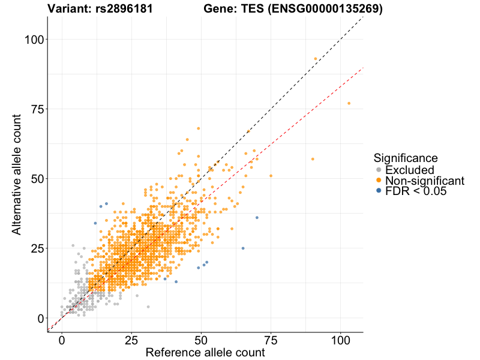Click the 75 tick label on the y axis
coord(38,109)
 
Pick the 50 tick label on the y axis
coord(38,179)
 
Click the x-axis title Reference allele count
coord(205,353)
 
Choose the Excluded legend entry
coord(409,170)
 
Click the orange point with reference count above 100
coord(349,103)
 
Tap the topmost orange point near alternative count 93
coord(315,59)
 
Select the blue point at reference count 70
coord(257,218)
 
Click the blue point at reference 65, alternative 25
coord(243,248)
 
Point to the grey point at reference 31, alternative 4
coord(148,307)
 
